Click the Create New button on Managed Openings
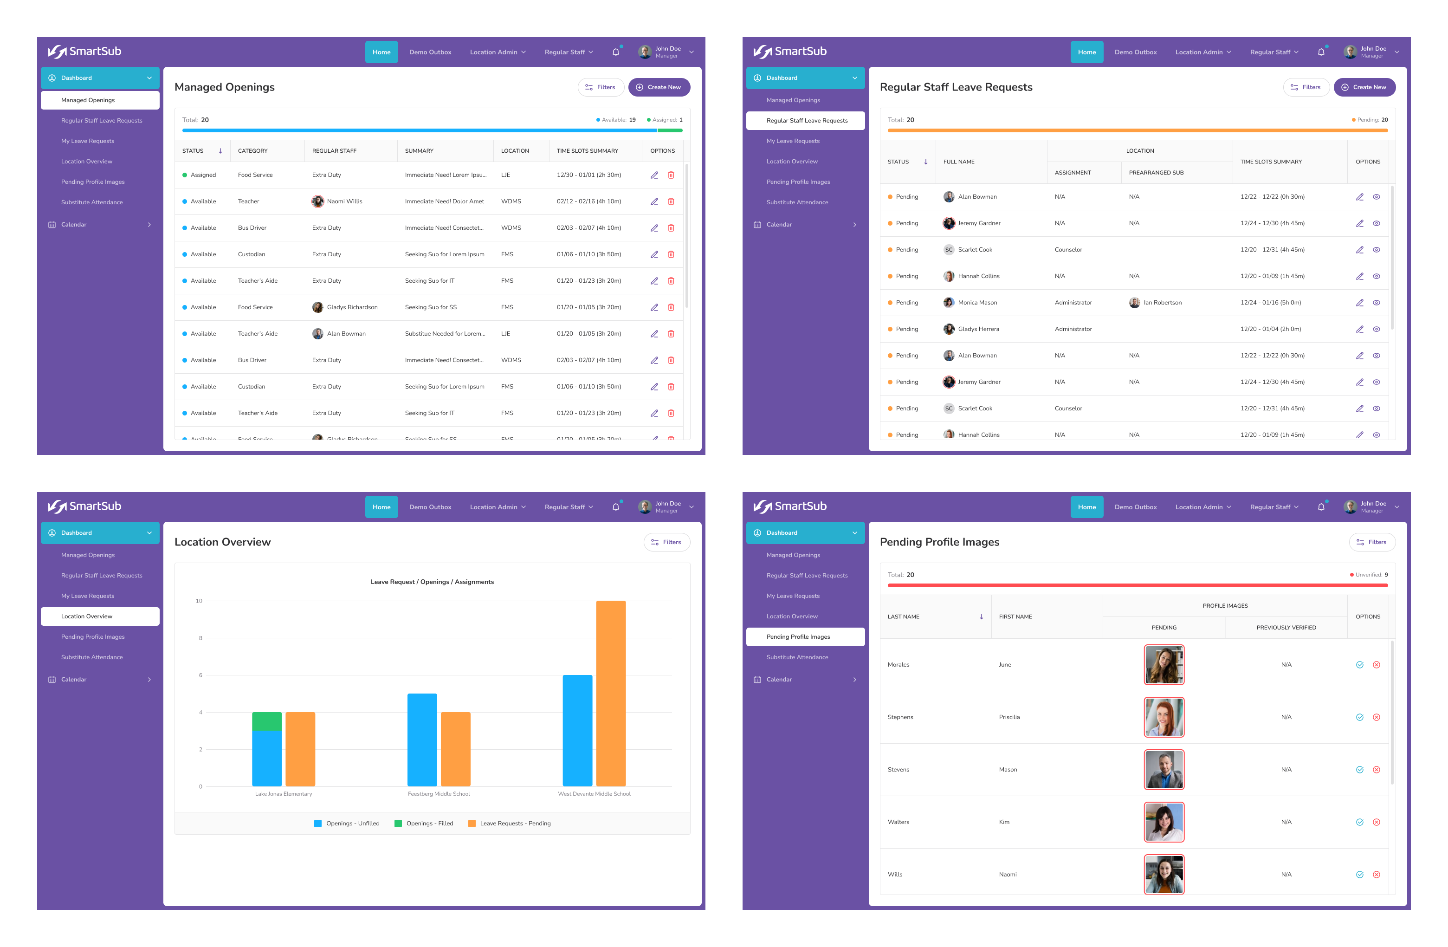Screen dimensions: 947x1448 click(x=659, y=87)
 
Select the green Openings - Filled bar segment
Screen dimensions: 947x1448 click(x=266, y=721)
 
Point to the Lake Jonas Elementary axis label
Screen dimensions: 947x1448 click(x=284, y=794)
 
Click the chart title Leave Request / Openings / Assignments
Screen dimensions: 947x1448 click(x=432, y=582)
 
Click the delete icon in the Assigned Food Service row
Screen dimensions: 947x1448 click(x=671, y=175)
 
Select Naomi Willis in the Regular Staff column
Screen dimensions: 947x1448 click(x=344, y=201)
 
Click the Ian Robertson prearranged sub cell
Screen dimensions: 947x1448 click(x=1162, y=303)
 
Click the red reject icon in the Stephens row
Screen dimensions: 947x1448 click(x=1376, y=717)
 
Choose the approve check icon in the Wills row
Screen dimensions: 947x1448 click(x=1359, y=875)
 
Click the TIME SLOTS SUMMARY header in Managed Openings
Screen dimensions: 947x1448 click(x=587, y=151)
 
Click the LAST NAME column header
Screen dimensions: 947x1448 click(x=904, y=616)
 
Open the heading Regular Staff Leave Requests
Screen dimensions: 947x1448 click(x=956, y=87)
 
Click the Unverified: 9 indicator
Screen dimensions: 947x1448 click(x=1369, y=575)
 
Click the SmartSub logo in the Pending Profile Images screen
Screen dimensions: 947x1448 click(x=790, y=506)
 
